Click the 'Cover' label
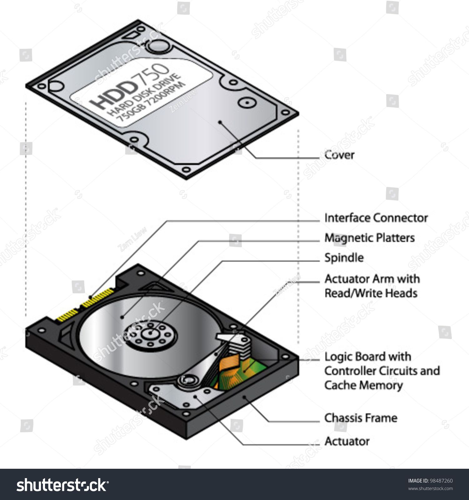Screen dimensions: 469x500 coord(339,155)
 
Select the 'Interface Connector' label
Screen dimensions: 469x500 coord(376,218)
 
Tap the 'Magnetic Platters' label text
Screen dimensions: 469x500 coord(370,238)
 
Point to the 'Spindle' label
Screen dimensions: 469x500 coord(344,258)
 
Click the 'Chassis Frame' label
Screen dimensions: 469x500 coord(361,418)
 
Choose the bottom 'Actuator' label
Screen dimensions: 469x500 coord(347,441)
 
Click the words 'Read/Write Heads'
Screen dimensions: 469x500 coord(371,293)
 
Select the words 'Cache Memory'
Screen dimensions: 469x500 coord(363,385)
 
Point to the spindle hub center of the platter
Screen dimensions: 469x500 coord(150,333)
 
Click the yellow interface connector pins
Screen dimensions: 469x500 coord(85,304)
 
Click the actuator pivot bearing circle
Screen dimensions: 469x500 coord(188,380)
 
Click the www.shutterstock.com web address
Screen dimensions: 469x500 coord(431,488)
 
